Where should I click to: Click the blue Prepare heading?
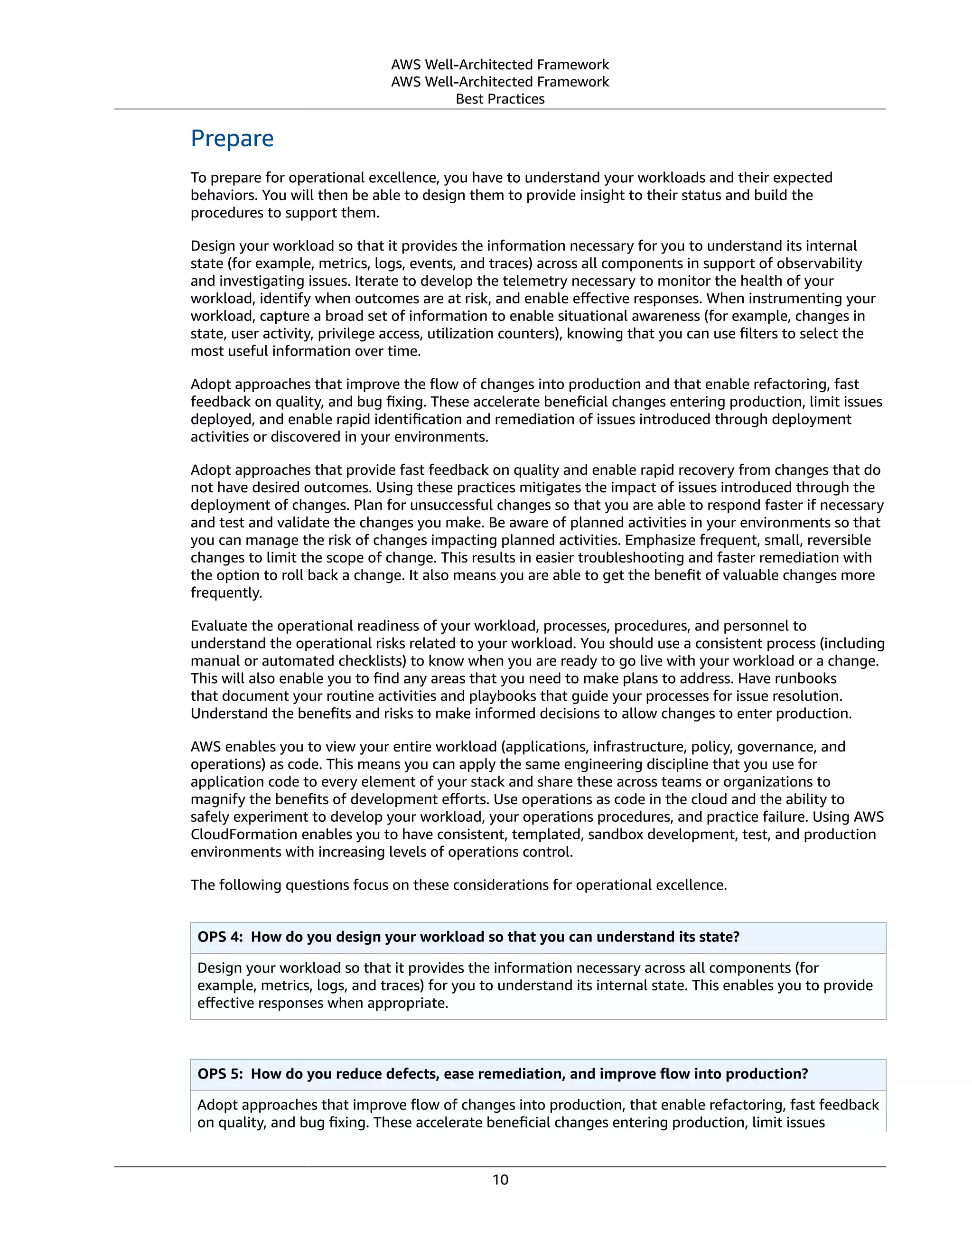click(x=232, y=139)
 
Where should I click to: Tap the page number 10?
click(x=500, y=1180)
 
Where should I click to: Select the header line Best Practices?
click(x=500, y=99)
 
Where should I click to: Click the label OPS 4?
click(x=220, y=937)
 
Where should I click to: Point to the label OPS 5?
click(x=220, y=1074)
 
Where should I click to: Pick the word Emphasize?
click(x=658, y=540)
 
